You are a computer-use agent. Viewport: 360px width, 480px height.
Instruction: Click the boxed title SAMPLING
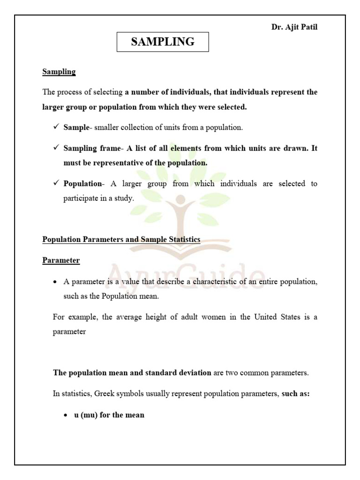163,42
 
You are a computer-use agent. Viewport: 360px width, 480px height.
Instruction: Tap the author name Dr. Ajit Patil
294,27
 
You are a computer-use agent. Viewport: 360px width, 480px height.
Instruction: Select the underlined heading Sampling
59,72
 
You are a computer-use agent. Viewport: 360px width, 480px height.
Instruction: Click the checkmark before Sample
56,127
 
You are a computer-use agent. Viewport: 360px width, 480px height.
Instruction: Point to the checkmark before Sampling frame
56,148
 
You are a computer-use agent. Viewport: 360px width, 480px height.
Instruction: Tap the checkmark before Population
56,183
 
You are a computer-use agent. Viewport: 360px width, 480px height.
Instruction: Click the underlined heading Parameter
61,260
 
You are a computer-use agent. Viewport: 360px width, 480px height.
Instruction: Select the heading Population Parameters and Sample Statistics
121,240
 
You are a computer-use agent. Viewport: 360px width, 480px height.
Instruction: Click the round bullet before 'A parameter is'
56,282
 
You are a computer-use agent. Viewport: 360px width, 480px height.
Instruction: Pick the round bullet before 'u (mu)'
66,415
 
